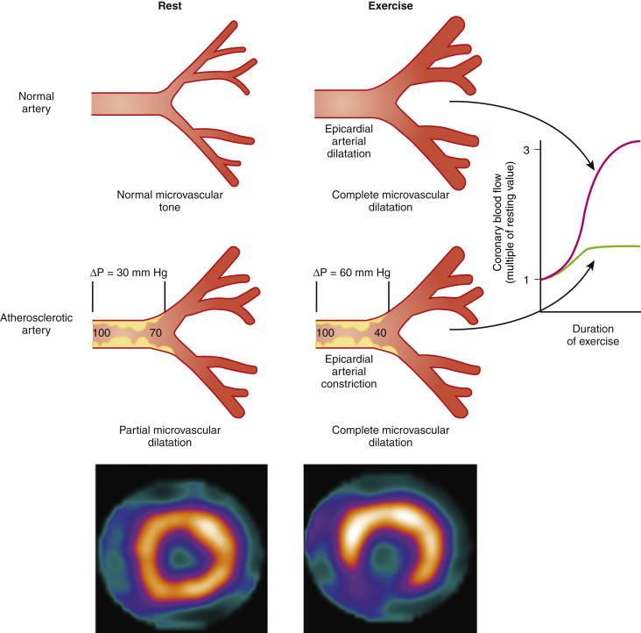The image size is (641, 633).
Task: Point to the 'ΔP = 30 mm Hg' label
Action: (131, 273)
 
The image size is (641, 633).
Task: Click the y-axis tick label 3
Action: (527, 150)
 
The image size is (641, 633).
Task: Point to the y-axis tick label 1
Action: (527, 280)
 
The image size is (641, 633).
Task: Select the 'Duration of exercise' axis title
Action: (593, 334)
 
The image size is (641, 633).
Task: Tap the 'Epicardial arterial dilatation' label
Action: (349, 140)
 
